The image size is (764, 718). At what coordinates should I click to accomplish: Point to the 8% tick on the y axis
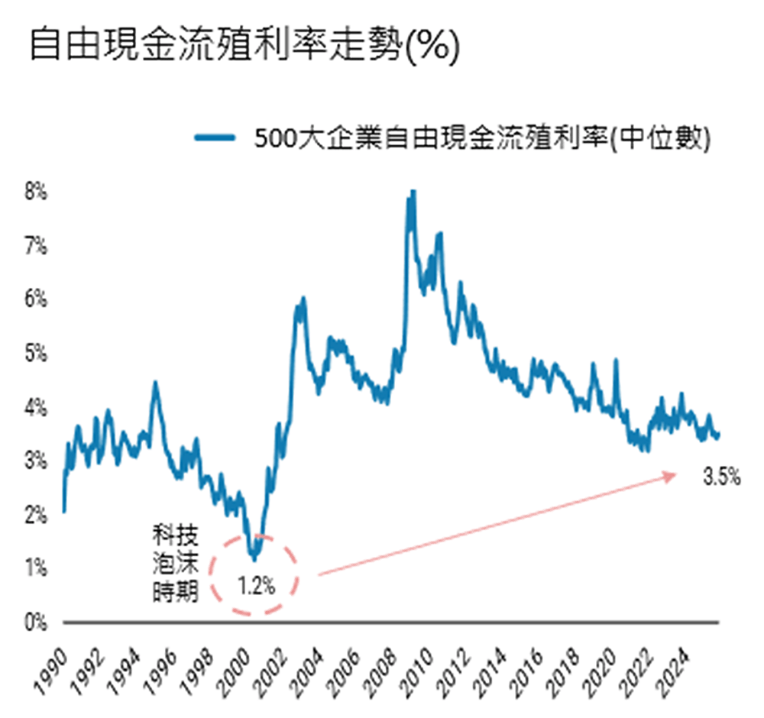[35, 192]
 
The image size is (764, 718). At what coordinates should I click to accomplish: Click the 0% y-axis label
[35, 623]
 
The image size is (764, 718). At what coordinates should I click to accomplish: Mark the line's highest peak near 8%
[413, 192]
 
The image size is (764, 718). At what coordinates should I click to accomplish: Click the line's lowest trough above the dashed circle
[254, 558]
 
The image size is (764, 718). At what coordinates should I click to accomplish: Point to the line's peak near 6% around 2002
[303, 299]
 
